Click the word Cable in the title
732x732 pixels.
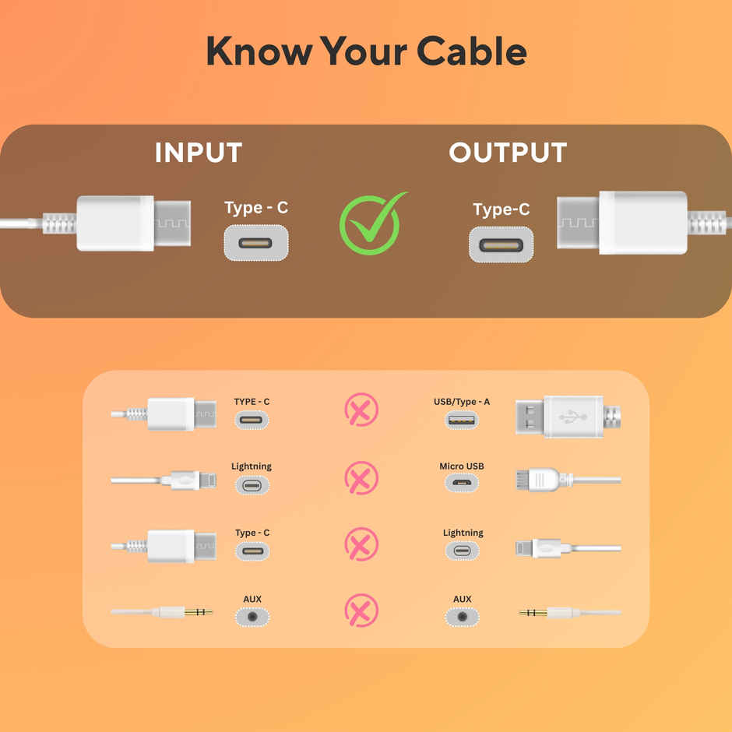471,51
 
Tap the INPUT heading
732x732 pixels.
198,153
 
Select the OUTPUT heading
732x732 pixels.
508,153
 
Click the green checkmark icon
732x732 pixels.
371,224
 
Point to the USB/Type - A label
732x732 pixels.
462,402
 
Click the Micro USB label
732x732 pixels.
462,466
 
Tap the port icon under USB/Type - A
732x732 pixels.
462,420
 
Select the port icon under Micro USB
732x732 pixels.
462,485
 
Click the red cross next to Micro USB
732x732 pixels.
361,477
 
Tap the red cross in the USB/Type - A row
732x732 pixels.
361,410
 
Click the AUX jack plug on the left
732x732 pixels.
183,612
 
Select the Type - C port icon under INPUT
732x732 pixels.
256,243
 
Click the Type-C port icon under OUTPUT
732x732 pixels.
501,245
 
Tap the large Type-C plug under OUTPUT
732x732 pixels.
623,222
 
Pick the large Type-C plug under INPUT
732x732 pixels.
132,223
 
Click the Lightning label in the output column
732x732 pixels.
463,533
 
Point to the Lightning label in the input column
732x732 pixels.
252,466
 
